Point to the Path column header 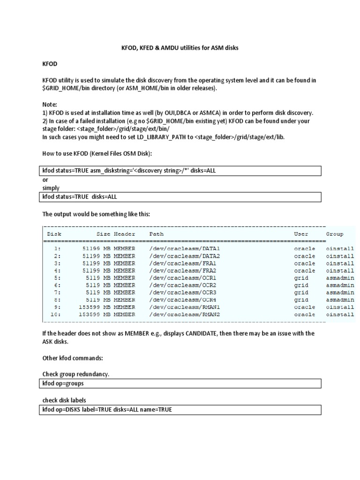click(x=157, y=234)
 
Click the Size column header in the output click(x=103, y=234)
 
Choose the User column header click(x=301, y=234)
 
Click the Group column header click(x=334, y=234)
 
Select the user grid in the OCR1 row click(x=301, y=278)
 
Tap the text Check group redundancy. click(x=75, y=375)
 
